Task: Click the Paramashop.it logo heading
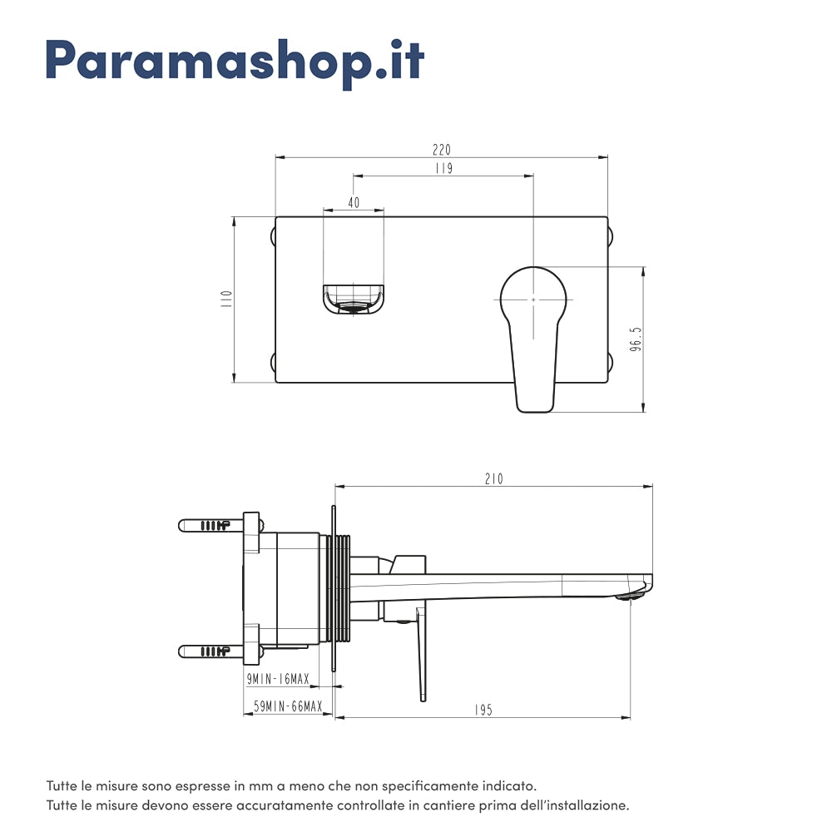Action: (x=235, y=60)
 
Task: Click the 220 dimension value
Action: (x=441, y=150)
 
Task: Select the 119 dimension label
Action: (x=443, y=169)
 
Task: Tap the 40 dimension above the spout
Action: (x=354, y=202)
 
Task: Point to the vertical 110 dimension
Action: (x=225, y=300)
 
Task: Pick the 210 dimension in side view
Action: (x=493, y=479)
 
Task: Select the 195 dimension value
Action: (x=483, y=710)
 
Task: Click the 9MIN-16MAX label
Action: (x=278, y=680)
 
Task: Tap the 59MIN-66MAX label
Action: (x=288, y=706)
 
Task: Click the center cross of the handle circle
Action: (x=533, y=299)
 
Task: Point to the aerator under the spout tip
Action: (x=630, y=597)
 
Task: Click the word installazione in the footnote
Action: (x=585, y=806)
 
